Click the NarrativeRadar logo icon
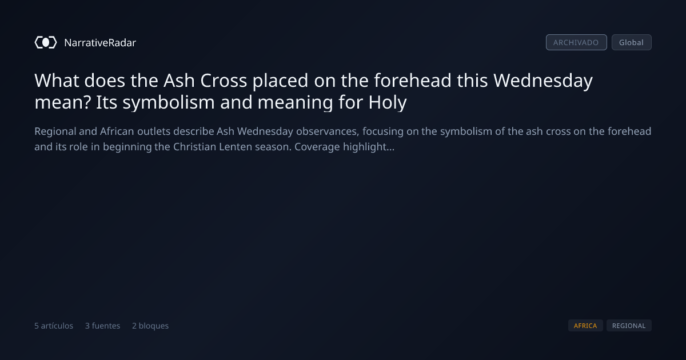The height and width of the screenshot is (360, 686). (46, 42)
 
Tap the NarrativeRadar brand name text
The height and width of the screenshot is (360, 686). (100, 42)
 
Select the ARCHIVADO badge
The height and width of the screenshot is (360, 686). (576, 42)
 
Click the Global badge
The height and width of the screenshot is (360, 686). (632, 42)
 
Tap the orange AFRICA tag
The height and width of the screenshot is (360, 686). (585, 325)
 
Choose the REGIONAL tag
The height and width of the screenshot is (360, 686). (629, 325)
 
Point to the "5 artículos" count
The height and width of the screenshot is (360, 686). (54, 325)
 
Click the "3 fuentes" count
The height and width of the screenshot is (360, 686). (102, 325)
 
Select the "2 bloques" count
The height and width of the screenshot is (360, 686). (150, 325)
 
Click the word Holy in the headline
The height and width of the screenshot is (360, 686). (388, 102)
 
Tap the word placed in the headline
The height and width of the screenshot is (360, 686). (280, 81)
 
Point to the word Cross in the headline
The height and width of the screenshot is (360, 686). (224, 81)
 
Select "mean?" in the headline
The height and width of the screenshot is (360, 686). (62, 102)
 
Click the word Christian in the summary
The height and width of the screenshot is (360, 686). (194, 147)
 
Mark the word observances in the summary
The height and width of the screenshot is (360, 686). (328, 131)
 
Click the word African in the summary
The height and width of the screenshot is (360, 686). (117, 131)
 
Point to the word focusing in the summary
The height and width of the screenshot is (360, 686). (383, 131)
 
